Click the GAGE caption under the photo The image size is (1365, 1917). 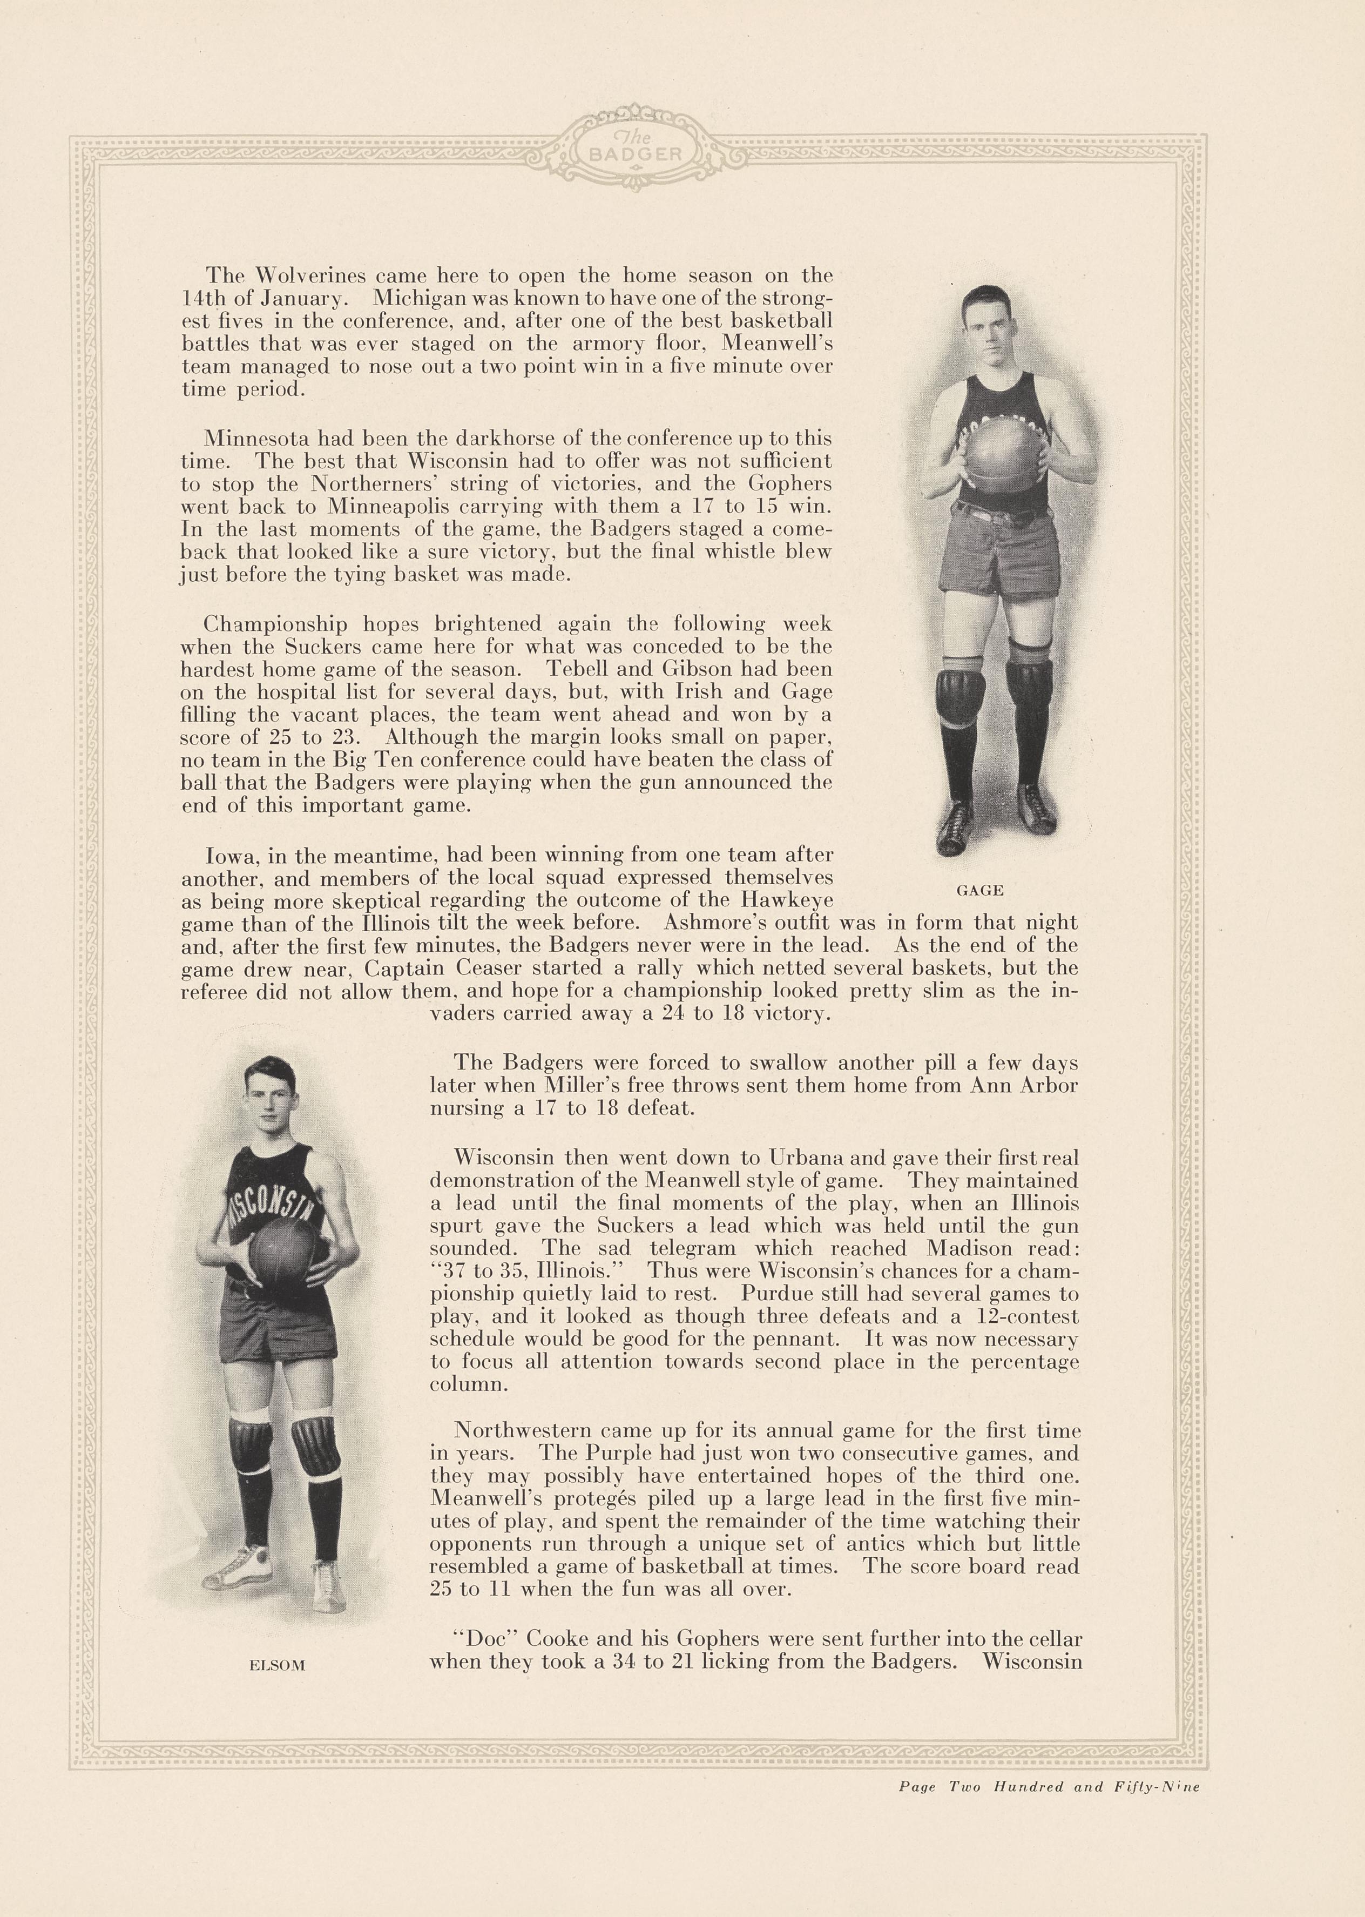(980, 890)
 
